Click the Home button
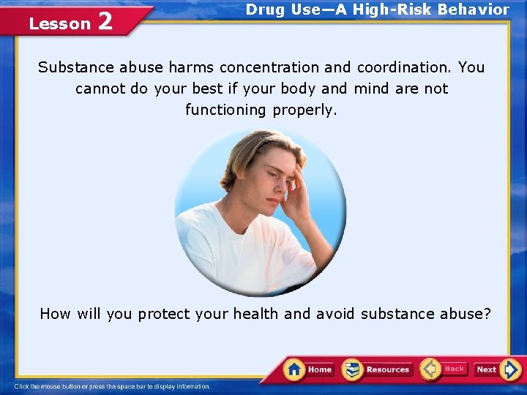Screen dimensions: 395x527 point(309,369)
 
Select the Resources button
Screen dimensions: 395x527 point(377,369)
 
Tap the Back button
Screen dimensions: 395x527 point(444,369)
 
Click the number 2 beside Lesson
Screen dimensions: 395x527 point(105,22)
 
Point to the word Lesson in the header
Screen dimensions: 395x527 point(59,24)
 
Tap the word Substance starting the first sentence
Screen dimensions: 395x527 point(72,67)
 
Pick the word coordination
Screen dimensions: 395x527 point(404,67)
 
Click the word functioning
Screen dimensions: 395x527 point(225,110)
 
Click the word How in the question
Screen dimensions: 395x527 point(55,314)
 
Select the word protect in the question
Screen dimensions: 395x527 point(164,314)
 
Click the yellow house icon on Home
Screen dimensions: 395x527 point(294,369)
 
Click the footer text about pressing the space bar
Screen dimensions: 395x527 point(113,386)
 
